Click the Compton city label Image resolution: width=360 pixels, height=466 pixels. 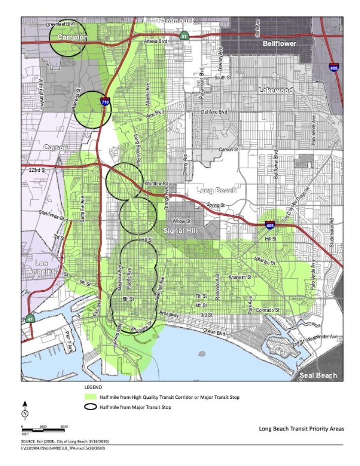[x=72, y=37]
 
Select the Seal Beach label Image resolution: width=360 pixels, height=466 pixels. [x=319, y=375]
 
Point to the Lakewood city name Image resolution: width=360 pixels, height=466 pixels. [x=276, y=90]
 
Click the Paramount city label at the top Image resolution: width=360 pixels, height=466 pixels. [x=175, y=21]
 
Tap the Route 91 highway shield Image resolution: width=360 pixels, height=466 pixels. [x=183, y=37]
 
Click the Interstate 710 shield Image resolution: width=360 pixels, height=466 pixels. [x=105, y=102]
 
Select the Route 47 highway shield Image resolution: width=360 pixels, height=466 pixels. [x=30, y=319]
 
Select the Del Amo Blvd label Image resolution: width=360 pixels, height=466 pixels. [x=215, y=112]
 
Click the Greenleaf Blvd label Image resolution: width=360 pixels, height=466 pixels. [x=60, y=24]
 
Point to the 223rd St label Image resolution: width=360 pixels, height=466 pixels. [x=30, y=170]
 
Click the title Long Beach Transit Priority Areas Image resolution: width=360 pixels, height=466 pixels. [x=301, y=428]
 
